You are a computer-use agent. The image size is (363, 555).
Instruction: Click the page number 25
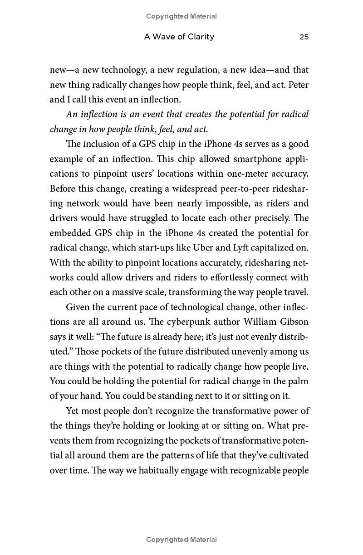[x=304, y=37]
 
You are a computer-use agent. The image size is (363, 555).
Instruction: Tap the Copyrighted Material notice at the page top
[x=181, y=16]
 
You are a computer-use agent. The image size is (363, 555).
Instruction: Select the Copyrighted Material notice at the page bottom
[x=181, y=540]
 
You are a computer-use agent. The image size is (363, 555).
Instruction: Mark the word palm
[x=299, y=381]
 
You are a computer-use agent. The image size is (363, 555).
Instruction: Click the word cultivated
[x=288, y=455]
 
